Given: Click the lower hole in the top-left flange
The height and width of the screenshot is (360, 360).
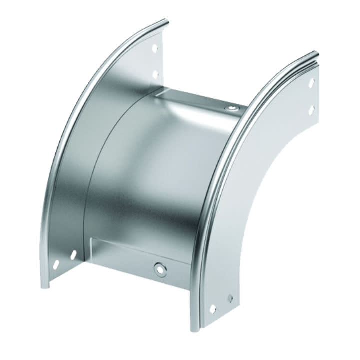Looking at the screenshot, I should [x=155, y=74].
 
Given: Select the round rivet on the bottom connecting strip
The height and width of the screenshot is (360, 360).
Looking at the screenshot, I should [x=160, y=268].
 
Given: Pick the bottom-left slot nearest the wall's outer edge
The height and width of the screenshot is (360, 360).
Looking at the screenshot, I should [x=56, y=263].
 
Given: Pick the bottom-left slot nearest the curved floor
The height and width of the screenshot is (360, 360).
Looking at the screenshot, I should [x=73, y=255].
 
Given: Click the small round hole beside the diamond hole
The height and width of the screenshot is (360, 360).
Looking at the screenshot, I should [x=229, y=298].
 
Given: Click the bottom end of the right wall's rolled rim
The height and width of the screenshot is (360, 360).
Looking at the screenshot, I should [x=195, y=327].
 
